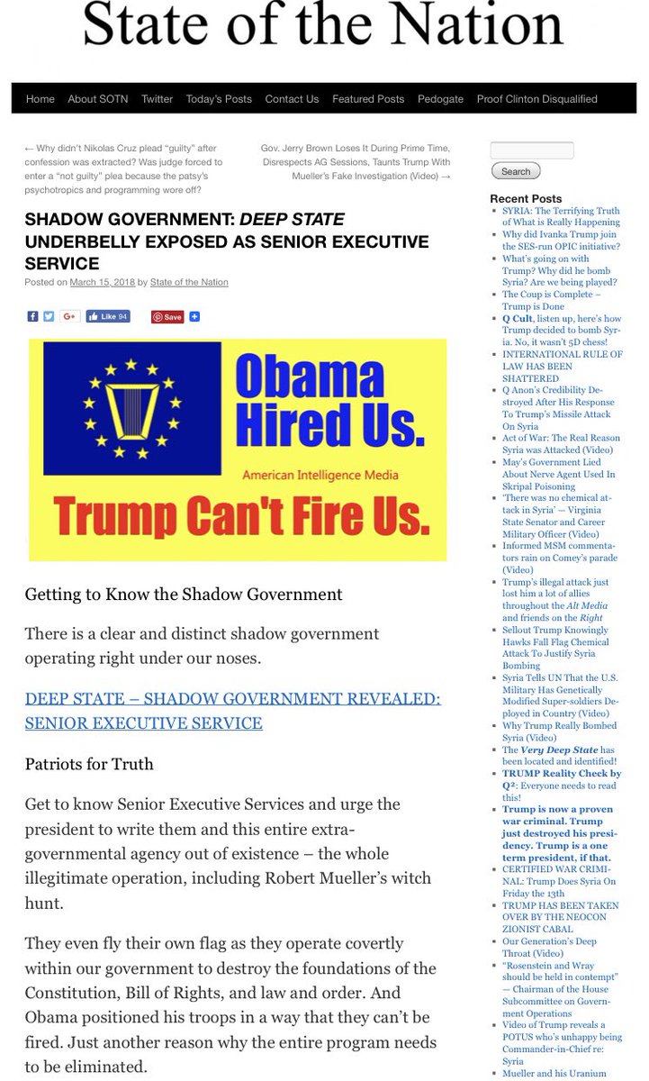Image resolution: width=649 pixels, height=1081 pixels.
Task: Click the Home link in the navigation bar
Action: (x=41, y=99)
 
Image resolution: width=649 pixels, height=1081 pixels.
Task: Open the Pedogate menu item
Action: (x=440, y=99)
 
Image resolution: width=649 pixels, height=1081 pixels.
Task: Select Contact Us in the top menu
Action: (x=292, y=99)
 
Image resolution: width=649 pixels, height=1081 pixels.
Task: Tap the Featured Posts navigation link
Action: (x=368, y=99)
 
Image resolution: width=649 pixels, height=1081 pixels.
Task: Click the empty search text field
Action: (x=532, y=150)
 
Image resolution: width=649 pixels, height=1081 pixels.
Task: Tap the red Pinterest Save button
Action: (x=167, y=317)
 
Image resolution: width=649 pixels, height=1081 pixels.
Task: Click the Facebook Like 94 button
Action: (x=109, y=317)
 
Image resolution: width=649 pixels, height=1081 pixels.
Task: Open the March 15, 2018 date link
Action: (x=102, y=282)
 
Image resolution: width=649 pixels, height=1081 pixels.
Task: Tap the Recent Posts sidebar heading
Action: (x=526, y=198)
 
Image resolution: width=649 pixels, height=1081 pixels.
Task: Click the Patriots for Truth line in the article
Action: (x=89, y=764)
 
